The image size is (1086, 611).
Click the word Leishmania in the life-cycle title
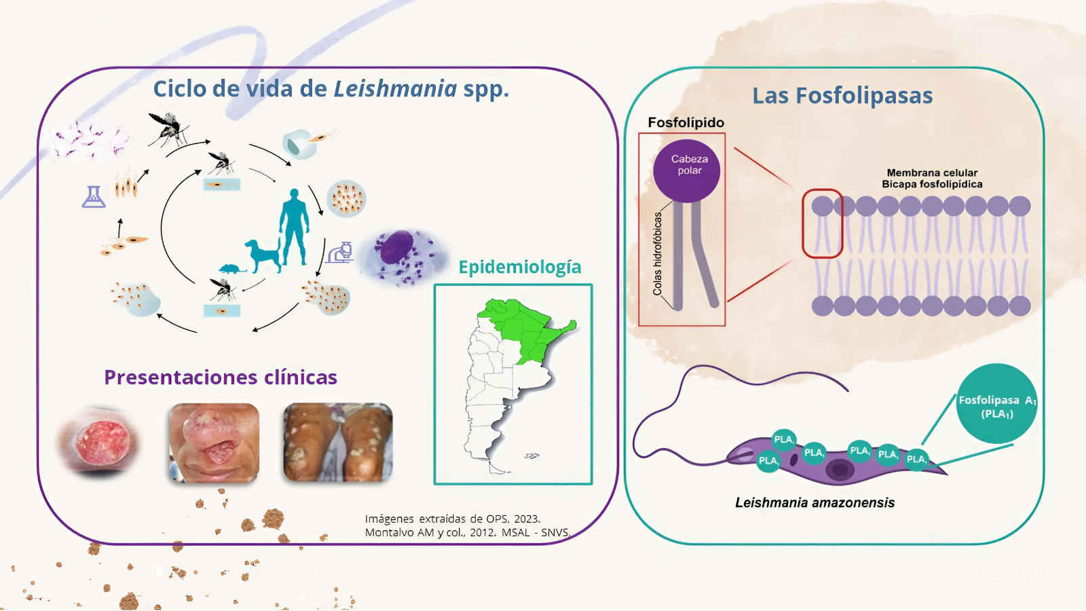click(x=395, y=89)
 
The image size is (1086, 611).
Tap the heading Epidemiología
click(x=520, y=267)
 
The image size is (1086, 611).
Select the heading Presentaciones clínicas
click(x=221, y=377)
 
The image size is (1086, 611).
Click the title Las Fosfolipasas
click(x=842, y=96)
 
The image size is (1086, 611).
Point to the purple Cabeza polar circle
click(x=687, y=170)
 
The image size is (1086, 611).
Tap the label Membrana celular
click(x=932, y=172)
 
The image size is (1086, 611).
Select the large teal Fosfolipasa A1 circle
click(x=996, y=404)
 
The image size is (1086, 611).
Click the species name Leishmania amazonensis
click(x=814, y=503)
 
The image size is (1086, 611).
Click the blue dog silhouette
click(x=263, y=255)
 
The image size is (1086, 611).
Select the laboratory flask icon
click(x=94, y=197)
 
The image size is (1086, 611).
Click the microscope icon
click(x=340, y=253)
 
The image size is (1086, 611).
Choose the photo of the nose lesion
click(x=214, y=443)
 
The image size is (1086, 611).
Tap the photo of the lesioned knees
click(x=338, y=443)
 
